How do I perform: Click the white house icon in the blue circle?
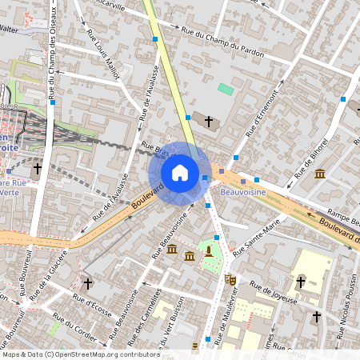point(180,172)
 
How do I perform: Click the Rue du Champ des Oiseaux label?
point(53,48)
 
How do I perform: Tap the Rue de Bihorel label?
point(311,157)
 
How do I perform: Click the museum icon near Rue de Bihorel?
point(320,174)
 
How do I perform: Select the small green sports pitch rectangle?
point(226,89)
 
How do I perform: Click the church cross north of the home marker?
point(210,122)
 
